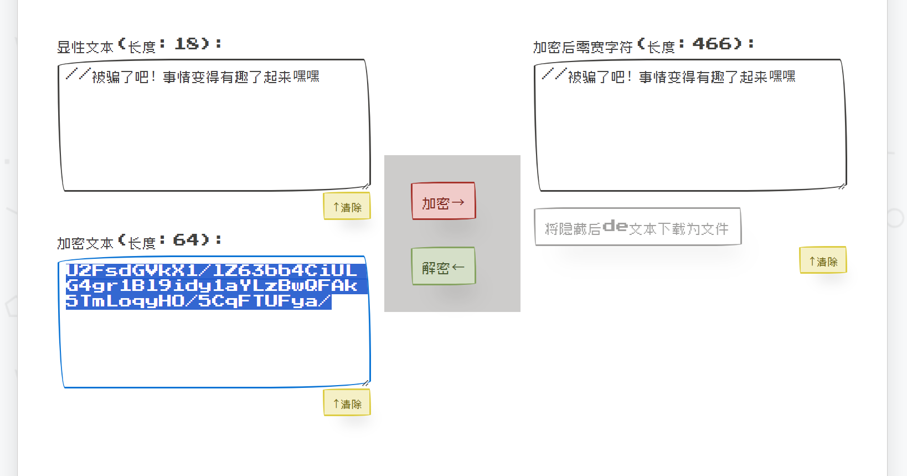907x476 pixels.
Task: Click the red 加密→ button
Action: [x=443, y=201]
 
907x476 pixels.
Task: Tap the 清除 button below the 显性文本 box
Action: [x=347, y=207]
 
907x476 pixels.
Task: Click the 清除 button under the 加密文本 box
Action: [x=347, y=403]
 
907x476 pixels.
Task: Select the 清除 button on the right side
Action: [x=823, y=261]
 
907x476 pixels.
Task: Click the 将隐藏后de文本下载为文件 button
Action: [x=637, y=227]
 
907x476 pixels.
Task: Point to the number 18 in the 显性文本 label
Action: [x=187, y=44]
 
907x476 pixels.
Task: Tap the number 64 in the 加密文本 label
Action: [x=185, y=240]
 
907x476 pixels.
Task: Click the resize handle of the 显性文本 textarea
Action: [x=366, y=186]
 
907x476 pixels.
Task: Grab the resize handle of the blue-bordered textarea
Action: [x=366, y=383]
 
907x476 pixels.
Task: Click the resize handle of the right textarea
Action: [x=842, y=186]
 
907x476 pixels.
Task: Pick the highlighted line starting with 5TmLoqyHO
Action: [x=198, y=301]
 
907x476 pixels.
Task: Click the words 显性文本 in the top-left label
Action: [x=85, y=47]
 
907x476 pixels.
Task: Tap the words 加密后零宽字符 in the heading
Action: [x=583, y=47]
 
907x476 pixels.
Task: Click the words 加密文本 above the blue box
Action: [x=85, y=243]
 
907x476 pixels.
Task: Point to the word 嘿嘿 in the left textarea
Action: [x=306, y=76]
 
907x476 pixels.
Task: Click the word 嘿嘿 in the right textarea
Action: [x=782, y=76]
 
